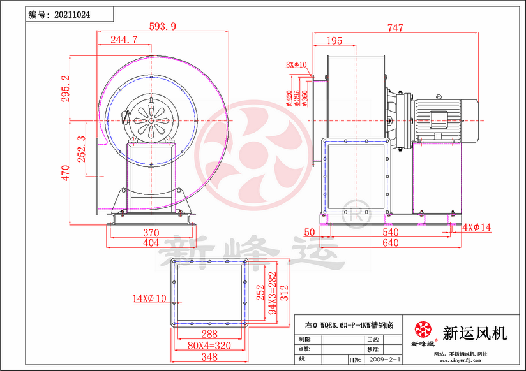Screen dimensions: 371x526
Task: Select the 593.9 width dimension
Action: click(x=162, y=27)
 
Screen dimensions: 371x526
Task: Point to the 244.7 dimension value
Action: click(x=124, y=40)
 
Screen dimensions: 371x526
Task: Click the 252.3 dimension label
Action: click(x=81, y=149)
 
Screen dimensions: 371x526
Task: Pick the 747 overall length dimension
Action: click(x=396, y=27)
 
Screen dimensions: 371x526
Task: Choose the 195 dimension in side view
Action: click(x=334, y=41)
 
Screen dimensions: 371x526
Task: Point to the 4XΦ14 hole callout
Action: click(x=479, y=227)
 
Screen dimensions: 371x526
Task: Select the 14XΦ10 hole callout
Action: click(x=149, y=298)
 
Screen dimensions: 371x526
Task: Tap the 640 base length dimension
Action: click(x=390, y=243)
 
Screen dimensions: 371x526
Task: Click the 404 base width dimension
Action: click(x=151, y=243)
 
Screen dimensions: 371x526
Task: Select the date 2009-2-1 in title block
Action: click(x=385, y=360)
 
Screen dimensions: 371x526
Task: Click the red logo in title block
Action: click(x=423, y=330)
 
